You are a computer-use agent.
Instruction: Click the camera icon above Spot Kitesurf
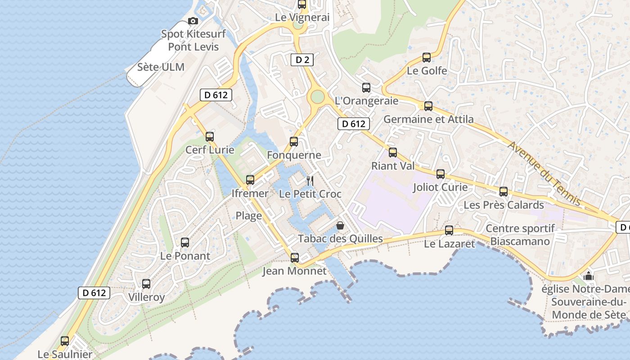(193, 21)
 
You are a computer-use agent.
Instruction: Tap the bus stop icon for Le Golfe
(427, 58)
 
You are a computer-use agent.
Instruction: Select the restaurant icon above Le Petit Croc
(310, 181)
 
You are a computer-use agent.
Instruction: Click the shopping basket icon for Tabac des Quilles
(340, 225)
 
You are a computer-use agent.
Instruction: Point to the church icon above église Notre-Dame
(589, 276)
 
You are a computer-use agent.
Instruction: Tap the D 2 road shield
(302, 59)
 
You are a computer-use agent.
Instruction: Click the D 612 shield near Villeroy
(94, 293)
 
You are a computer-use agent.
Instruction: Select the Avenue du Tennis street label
(544, 173)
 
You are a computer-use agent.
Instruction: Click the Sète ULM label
(161, 67)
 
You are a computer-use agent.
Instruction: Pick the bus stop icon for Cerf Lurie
(210, 137)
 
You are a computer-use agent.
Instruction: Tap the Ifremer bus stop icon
(250, 180)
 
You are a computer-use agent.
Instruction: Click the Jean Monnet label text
(294, 271)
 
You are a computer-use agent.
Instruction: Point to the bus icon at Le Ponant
(185, 243)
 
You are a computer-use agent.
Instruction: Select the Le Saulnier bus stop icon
(65, 341)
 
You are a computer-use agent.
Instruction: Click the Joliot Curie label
(440, 187)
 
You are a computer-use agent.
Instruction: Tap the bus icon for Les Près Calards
(504, 192)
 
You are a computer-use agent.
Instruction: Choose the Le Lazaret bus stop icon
(449, 230)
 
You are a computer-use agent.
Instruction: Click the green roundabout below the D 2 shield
(318, 97)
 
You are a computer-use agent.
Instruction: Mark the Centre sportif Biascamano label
(520, 235)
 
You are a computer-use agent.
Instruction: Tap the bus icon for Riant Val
(393, 153)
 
